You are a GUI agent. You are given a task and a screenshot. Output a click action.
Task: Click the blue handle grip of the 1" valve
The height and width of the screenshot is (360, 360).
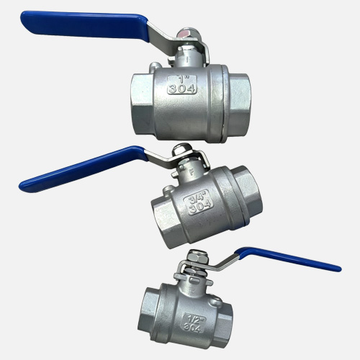(84, 25)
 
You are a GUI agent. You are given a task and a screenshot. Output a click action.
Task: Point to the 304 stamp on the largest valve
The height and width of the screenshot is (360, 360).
(181, 89)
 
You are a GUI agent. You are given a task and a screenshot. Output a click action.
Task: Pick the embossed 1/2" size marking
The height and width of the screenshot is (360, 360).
(193, 320)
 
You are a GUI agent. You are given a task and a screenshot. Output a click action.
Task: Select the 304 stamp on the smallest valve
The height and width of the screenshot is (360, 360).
(192, 327)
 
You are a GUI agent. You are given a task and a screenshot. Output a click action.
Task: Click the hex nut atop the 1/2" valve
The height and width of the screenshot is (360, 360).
(197, 257)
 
